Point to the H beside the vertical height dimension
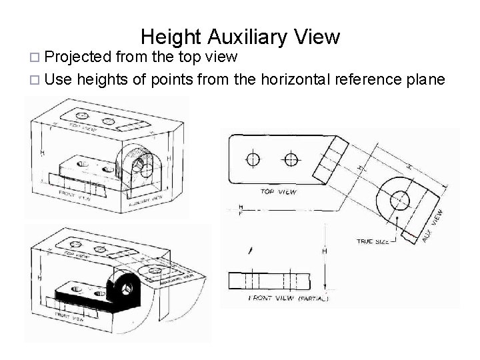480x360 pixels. tap(325, 252)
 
